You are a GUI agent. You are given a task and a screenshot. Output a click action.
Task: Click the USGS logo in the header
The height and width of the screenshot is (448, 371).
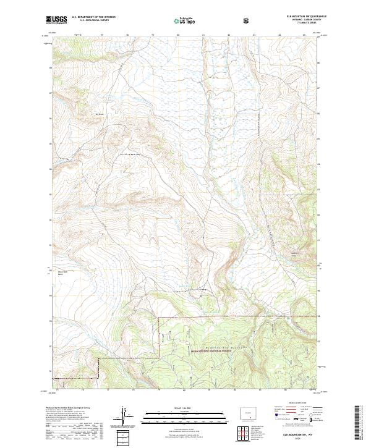[x=56, y=20]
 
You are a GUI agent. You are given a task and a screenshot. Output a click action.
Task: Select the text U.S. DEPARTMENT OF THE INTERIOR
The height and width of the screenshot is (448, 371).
[x=93, y=17]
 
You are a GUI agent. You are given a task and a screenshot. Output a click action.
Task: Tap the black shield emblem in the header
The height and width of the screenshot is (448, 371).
[x=248, y=20]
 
